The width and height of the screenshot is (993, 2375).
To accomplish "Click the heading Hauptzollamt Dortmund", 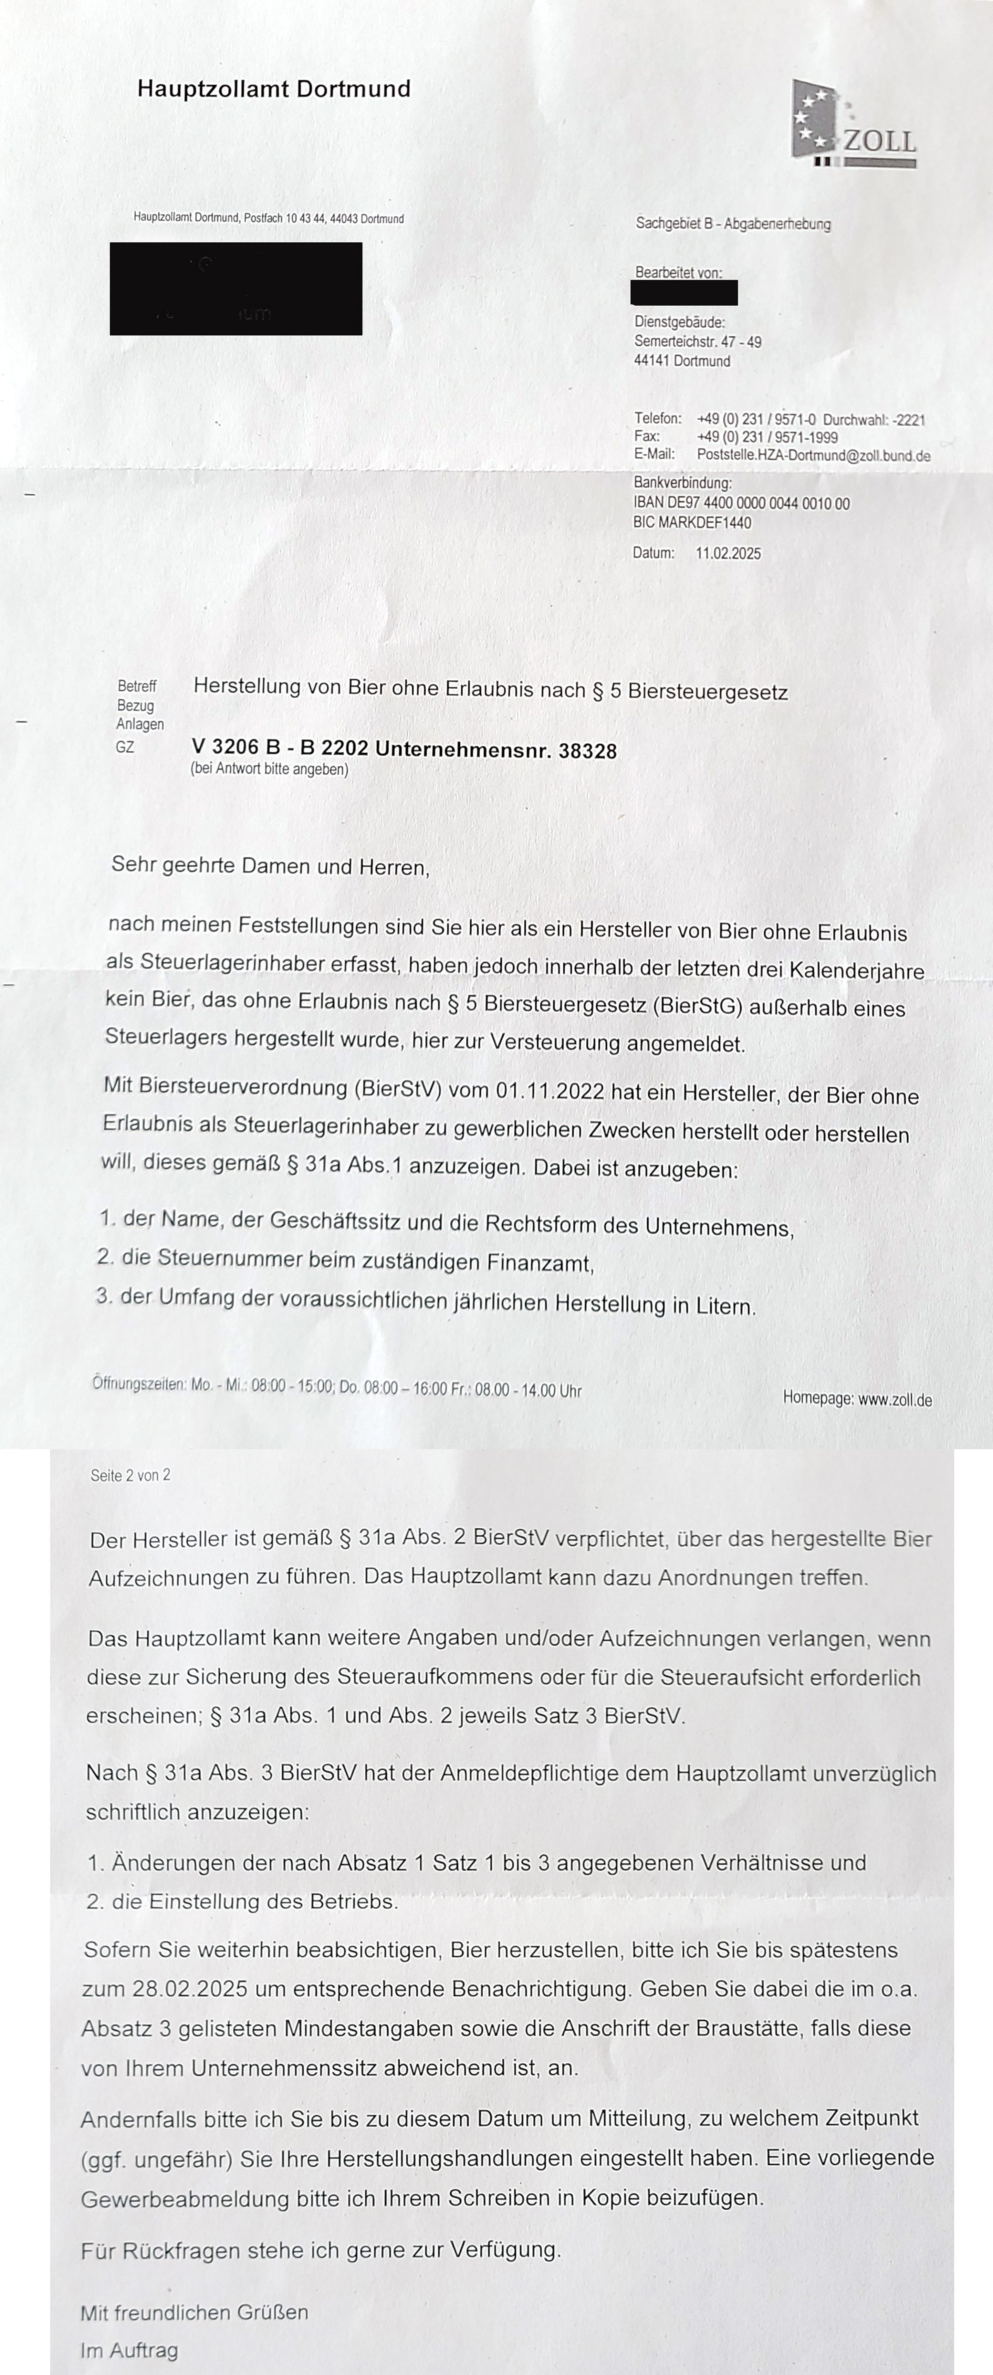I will click(274, 89).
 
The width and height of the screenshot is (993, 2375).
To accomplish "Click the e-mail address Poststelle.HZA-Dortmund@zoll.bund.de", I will click(813, 455).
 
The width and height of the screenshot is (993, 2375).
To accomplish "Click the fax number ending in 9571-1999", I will click(767, 437).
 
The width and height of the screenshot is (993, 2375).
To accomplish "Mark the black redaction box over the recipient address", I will click(236, 289).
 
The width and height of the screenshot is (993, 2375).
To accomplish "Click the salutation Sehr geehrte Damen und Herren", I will click(270, 867).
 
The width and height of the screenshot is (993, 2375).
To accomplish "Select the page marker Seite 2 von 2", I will click(130, 1475).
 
